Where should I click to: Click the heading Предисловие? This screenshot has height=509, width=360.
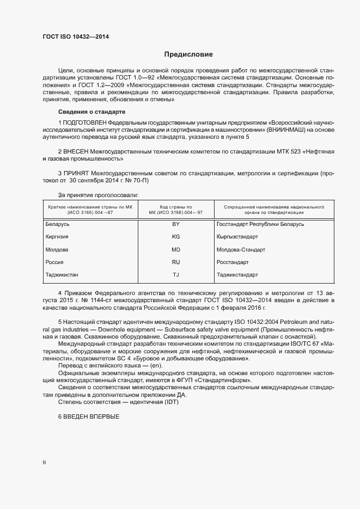tap(188, 54)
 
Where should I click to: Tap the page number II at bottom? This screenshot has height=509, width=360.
tap(44, 462)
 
